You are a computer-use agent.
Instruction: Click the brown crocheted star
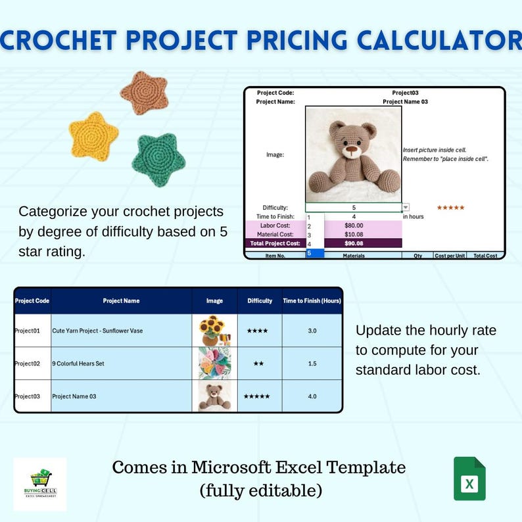pos(144,93)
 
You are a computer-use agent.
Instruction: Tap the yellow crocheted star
pos(93,136)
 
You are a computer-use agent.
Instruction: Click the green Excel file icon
pos(469,479)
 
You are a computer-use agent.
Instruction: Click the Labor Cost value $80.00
pos(354,225)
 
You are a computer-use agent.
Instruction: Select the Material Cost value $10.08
pos(354,234)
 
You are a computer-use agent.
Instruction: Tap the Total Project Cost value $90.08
pos(354,243)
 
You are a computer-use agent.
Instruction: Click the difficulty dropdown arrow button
pos(406,207)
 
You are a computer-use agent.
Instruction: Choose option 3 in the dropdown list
pos(309,235)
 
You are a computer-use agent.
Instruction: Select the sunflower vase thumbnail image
pos(214,331)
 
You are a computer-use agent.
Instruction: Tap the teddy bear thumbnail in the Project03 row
pos(214,396)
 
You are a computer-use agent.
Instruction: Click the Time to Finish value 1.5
pos(312,364)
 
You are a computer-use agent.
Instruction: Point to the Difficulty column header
pos(260,301)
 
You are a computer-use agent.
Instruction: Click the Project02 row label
pos(32,364)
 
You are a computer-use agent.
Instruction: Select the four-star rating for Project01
pos(257,331)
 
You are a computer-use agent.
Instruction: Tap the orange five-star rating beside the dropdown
pos(451,208)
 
